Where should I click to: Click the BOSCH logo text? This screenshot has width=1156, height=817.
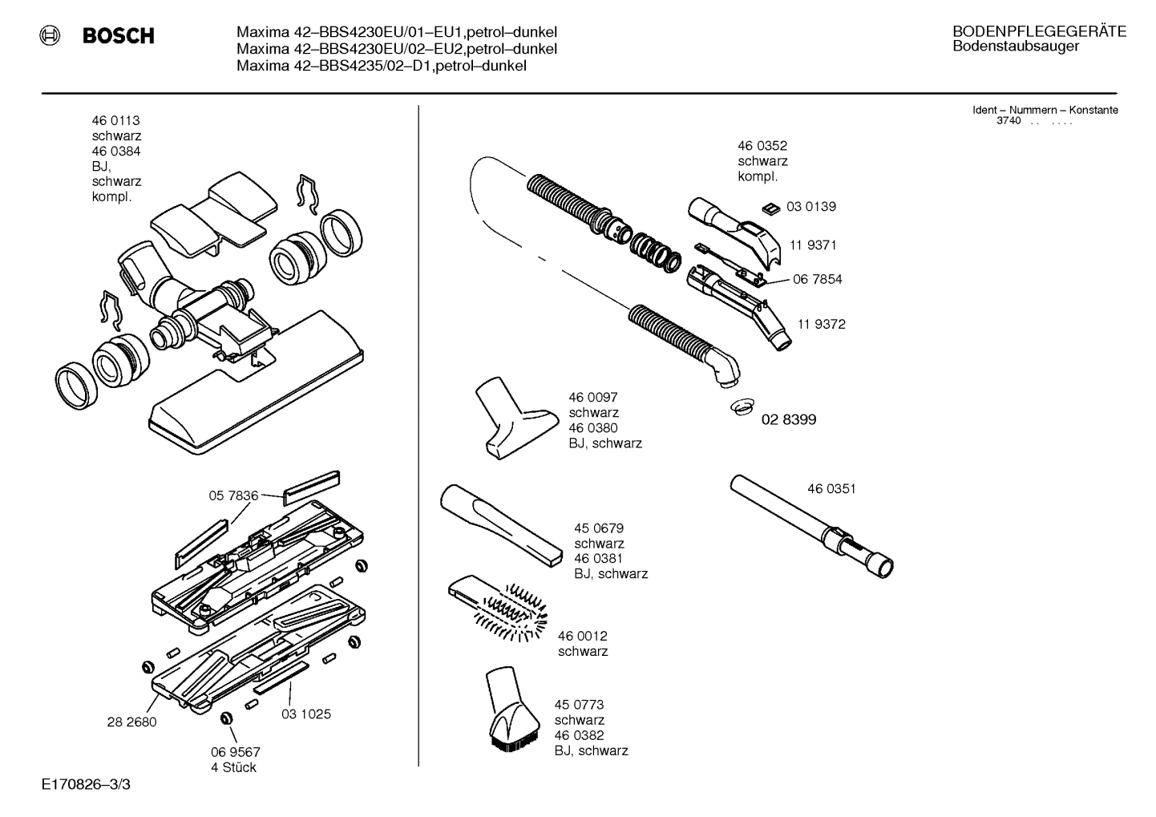click(x=118, y=36)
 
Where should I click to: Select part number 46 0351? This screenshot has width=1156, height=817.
click(x=831, y=488)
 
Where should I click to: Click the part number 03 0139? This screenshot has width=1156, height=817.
click(x=810, y=207)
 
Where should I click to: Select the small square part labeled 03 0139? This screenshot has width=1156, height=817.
click(x=770, y=208)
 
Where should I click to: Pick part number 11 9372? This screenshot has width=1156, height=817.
click(x=821, y=325)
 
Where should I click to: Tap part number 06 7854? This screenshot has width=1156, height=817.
click(x=818, y=279)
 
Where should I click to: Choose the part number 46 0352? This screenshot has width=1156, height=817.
click(x=762, y=146)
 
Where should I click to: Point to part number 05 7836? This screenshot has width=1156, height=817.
click(x=233, y=496)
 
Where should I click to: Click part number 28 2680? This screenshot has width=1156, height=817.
click(x=131, y=722)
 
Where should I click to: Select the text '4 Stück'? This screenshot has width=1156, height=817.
click(x=234, y=767)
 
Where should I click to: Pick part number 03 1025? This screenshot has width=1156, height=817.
click(x=305, y=714)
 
